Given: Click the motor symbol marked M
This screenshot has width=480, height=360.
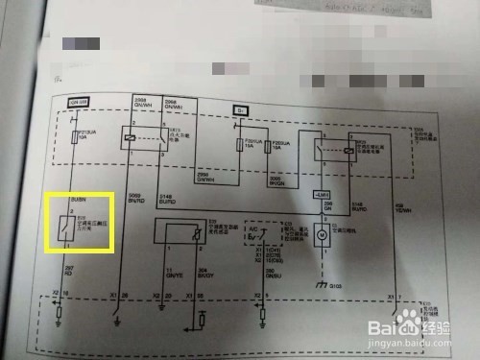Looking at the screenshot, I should [x=324, y=233].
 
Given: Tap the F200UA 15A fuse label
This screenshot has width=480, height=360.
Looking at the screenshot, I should [x=279, y=147].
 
